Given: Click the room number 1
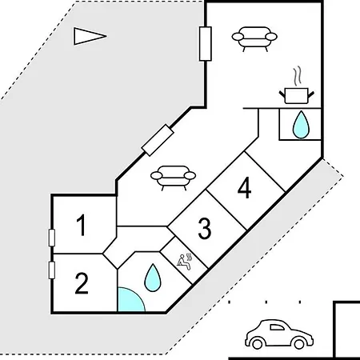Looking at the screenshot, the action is coord(81,225).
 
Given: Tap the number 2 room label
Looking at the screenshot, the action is coord(82,283).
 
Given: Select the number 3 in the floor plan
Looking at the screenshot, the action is coord(205,229).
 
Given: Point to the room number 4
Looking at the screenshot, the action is coord(244,188).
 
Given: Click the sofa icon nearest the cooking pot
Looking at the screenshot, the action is coord(254,39).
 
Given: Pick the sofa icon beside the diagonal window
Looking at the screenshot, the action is coord(173,178).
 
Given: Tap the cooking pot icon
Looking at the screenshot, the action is coord(297,95).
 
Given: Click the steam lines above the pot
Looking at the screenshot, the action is coord(298,76).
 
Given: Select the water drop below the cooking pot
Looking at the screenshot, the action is coord(301,125).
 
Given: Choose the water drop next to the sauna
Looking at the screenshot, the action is coord(153,278).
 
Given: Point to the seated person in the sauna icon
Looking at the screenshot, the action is coord(183,262).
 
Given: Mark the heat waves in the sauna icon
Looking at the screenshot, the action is coord(190,257).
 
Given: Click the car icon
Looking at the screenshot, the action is coord(279,334).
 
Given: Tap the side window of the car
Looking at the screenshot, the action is coord(277,327).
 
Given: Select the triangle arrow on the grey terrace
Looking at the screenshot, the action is coord(90,36).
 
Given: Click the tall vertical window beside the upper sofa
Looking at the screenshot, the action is coord(206,44).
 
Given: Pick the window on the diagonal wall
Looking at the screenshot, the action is coord(158,140).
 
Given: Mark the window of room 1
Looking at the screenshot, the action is coord(52,238).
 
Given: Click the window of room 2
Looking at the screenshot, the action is coord(52,270).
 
